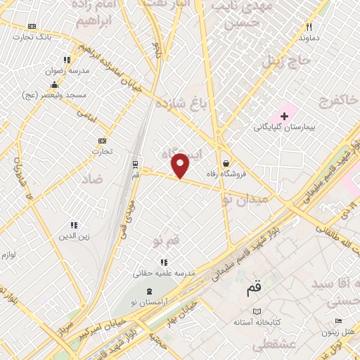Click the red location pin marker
pos(181,165)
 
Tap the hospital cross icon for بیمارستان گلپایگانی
pos(285,115)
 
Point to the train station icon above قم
pos(134,164)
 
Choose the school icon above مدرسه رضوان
pos(67,60)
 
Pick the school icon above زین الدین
pos(72,225)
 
